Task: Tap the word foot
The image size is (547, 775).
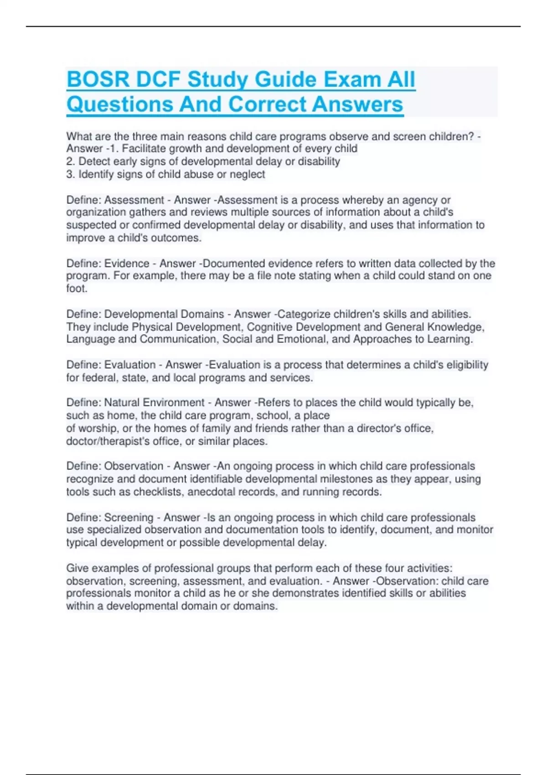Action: pos(77,289)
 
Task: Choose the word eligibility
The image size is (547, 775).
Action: pos(464,365)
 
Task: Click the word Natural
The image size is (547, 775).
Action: pos(122,403)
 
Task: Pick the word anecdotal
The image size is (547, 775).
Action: pos(213,492)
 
